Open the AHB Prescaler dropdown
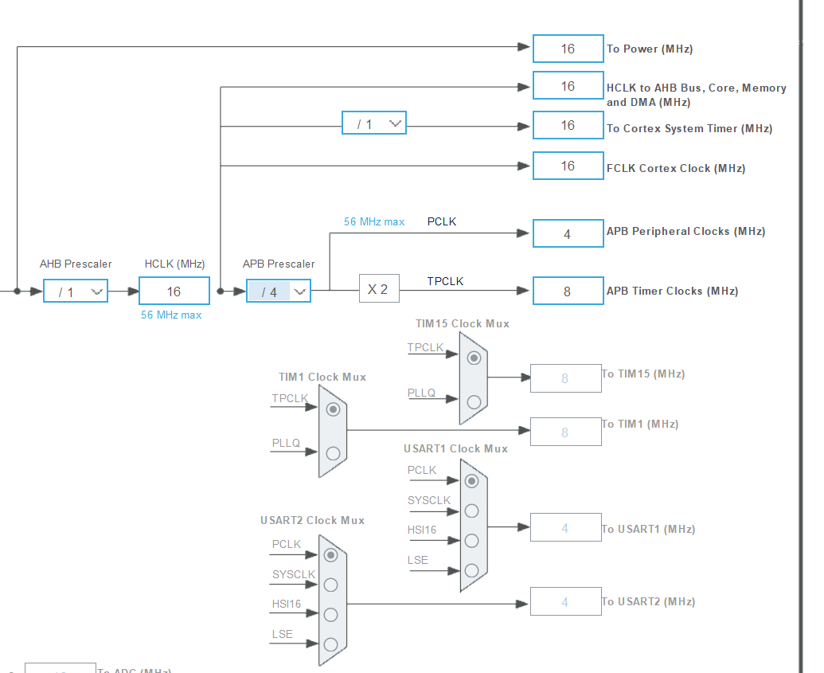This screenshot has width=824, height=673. tap(76, 292)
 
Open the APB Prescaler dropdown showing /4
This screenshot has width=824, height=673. tap(279, 292)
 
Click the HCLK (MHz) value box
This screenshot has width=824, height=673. tap(174, 292)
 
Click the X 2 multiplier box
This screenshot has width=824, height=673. tap(378, 289)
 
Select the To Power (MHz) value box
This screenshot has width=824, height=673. tap(567, 49)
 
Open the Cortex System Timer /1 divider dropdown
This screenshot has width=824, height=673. tap(374, 123)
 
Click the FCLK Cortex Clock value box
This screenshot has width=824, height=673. tap(567, 166)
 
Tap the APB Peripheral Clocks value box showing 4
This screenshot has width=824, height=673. tap(567, 234)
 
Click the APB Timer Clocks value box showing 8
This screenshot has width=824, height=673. tap(567, 292)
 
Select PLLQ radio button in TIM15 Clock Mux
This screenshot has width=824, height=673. tap(474, 401)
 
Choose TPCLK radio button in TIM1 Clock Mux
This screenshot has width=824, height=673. tap(333, 409)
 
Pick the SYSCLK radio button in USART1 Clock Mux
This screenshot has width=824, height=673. tap(472, 511)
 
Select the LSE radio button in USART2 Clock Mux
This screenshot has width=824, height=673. tap(330, 644)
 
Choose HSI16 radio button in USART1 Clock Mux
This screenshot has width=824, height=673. tap(472, 541)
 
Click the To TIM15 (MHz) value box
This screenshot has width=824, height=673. tap(565, 378)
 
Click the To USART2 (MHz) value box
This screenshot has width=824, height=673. tap(565, 602)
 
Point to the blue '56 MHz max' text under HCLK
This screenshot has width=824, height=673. tap(171, 315)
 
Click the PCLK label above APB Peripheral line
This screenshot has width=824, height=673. tap(442, 221)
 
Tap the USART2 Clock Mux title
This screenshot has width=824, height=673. tap(312, 520)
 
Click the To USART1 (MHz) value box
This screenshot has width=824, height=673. tap(565, 528)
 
